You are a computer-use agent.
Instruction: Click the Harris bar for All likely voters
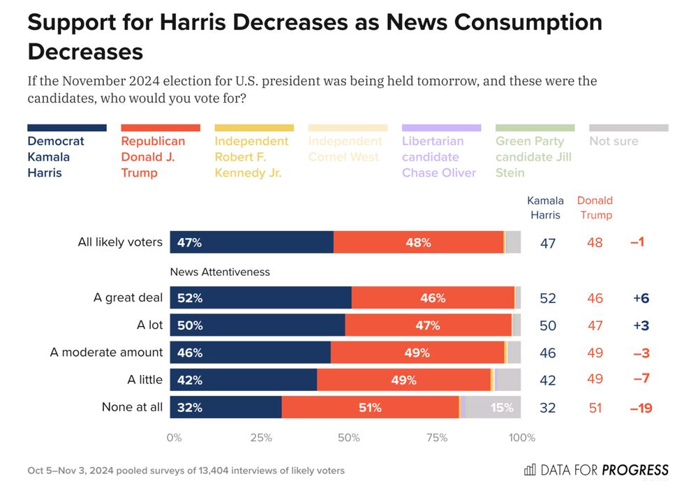pyautogui.click(x=251, y=242)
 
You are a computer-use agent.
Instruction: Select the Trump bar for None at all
pyautogui.click(x=370, y=408)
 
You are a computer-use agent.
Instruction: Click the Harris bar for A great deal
pyautogui.click(x=260, y=297)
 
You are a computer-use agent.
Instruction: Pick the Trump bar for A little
pyautogui.click(x=403, y=380)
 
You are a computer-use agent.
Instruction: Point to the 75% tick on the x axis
pyautogui.click(x=436, y=438)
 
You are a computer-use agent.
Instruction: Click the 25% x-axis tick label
pyautogui.click(x=261, y=438)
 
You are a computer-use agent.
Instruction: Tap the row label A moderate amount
pyautogui.click(x=106, y=353)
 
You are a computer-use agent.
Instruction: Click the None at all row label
pyautogui.click(x=132, y=408)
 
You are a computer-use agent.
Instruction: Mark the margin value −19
pyautogui.click(x=641, y=408)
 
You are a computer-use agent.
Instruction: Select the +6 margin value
pyautogui.click(x=641, y=298)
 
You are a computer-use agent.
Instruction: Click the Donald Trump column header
pyautogui.click(x=595, y=208)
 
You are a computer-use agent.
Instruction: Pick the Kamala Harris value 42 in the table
pyautogui.click(x=548, y=381)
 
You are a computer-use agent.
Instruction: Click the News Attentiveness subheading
pyautogui.click(x=220, y=272)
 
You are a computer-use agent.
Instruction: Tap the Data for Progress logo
pyautogui.click(x=596, y=470)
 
